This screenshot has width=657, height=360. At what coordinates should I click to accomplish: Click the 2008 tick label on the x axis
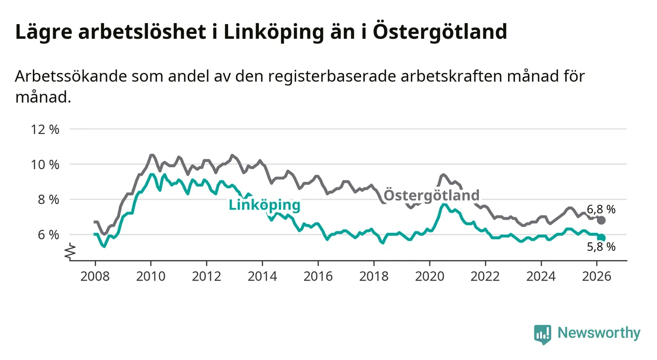[x=95, y=276]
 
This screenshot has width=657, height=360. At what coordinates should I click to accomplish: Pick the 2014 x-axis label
[x=262, y=276]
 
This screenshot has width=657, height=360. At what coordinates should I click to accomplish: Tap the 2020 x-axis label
[x=429, y=276]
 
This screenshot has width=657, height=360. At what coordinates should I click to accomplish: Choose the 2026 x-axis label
[x=596, y=276]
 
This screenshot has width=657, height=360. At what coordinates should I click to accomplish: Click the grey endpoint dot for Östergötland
[x=601, y=220]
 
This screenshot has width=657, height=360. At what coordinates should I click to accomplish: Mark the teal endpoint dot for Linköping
[x=601, y=237]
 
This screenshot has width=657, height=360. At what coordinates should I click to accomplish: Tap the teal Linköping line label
[x=264, y=205]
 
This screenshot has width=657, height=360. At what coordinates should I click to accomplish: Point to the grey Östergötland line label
[x=431, y=195]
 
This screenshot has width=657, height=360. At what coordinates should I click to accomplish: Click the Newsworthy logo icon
[x=542, y=334]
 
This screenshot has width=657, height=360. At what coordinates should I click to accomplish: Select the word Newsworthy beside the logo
[x=599, y=334]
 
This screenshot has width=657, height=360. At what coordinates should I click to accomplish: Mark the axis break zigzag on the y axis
[x=70, y=251]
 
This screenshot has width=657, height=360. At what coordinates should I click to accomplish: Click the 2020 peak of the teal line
[x=443, y=204]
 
